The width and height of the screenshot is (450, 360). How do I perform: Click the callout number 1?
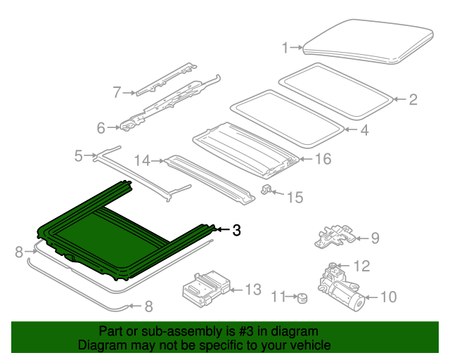285,48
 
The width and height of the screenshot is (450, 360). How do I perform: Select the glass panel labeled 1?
368,41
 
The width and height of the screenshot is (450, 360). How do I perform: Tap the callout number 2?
413,100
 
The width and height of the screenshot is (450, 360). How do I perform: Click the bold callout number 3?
236,230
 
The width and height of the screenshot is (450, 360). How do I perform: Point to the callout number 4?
364,130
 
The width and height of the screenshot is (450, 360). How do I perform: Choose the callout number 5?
79,156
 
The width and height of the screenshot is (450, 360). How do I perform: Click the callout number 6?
101,128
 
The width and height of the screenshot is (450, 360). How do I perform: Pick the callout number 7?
117,92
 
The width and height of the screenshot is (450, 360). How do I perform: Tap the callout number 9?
375,238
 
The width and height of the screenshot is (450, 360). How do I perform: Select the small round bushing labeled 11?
302,298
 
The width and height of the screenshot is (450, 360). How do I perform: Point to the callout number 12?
362,266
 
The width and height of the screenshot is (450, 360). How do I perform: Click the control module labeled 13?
206,288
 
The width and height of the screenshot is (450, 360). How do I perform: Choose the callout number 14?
142,161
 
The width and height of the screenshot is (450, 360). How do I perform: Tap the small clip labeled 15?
266,189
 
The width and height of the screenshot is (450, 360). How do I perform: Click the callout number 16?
323,159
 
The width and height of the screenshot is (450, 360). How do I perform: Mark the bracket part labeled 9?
335,236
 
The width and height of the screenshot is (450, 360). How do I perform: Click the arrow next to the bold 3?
223,229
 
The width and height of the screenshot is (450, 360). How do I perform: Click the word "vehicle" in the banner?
312,345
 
